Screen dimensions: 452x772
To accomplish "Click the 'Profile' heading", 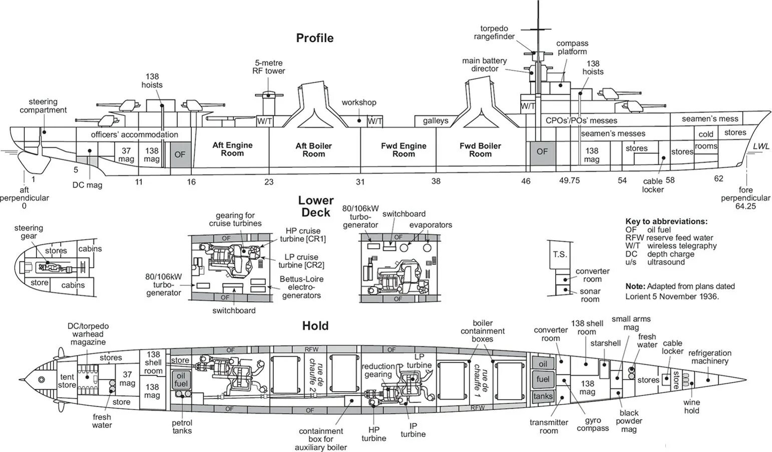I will click(314, 38).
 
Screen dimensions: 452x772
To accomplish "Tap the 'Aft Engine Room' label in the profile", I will click(232, 149).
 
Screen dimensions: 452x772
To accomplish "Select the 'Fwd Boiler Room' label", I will click(480, 150).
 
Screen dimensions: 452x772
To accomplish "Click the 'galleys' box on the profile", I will click(435, 121).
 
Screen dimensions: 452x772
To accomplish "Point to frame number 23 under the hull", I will click(269, 182).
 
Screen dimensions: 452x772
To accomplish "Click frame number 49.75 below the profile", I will click(569, 180).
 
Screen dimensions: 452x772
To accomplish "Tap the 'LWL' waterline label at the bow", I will click(761, 146).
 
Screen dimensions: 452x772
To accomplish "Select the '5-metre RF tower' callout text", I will click(269, 67).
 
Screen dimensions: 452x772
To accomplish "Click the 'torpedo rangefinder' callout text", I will click(497, 33).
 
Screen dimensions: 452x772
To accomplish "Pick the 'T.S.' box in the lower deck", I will click(560, 254).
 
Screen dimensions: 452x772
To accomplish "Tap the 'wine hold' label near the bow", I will click(692, 406).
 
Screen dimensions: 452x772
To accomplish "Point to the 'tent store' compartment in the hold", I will click(67, 380).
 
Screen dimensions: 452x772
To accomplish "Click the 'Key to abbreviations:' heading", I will click(666, 221).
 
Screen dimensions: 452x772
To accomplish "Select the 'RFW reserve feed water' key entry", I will click(669, 238).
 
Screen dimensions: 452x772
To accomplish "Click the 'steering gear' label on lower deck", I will click(29, 232).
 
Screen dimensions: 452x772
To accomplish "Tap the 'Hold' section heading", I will click(315, 326).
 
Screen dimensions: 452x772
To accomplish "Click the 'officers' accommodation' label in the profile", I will click(134, 135).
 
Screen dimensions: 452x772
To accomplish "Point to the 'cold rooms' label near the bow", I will click(706, 140).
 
